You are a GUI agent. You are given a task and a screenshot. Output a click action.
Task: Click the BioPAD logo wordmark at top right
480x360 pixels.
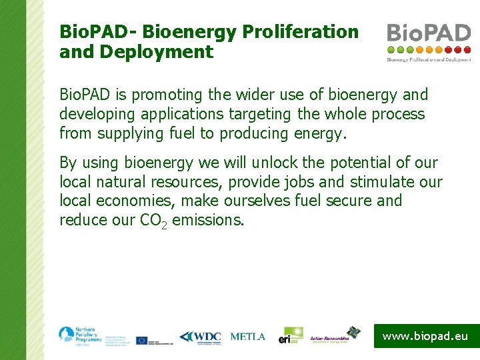pyautogui.click(x=429, y=33)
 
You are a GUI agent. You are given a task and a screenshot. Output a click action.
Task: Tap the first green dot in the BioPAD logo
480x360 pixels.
pyautogui.click(x=391, y=49)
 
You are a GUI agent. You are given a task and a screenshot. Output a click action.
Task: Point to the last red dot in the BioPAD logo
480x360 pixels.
pyautogui.click(x=467, y=49)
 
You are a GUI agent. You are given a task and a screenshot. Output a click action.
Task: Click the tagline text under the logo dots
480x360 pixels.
pyautogui.click(x=429, y=59)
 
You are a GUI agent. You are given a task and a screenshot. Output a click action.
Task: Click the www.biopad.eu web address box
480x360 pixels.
pyautogui.click(x=425, y=337)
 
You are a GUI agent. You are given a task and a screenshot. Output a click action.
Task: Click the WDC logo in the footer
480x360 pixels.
pyautogui.click(x=200, y=337)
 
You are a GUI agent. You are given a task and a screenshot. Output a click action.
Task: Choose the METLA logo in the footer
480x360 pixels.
pyautogui.click(x=247, y=337)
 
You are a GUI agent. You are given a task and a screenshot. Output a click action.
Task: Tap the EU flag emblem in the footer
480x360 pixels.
pyautogui.click(x=141, y=340)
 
